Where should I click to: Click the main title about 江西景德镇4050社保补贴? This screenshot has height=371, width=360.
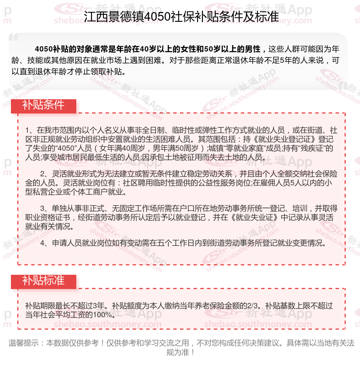[x=180, y=17]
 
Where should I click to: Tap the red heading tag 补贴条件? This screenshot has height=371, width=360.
[x=43, y=105]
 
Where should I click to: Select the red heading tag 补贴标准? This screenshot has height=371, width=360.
[x=43, y=280]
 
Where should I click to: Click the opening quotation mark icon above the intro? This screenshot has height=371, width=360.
[x=14, y=37]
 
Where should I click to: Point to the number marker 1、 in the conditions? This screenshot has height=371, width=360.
[x=30, y=130]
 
